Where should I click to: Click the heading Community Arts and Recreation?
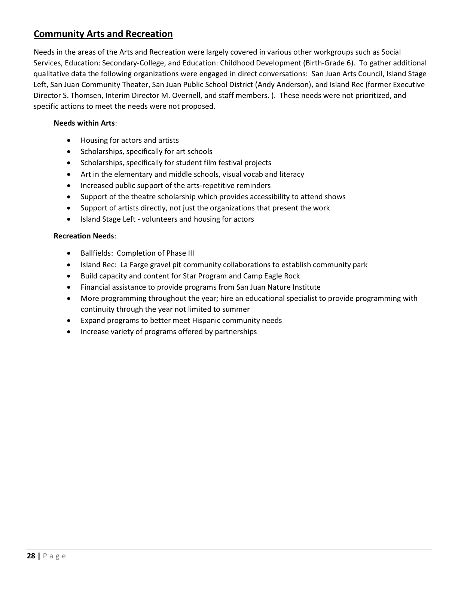click(103, 34)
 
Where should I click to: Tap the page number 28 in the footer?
click(31, 556)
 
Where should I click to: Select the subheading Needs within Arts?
click(84, 123)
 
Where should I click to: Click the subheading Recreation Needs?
click(84, 236)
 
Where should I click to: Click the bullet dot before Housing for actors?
click(68, 141)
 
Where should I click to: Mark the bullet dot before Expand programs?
click(68, 321)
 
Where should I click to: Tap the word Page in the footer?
click(55, 556)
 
